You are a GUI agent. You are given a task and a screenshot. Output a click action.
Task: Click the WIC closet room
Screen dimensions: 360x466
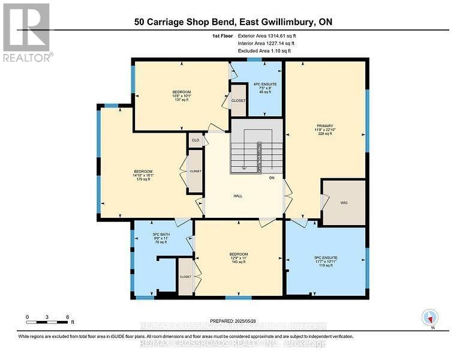(344, 203)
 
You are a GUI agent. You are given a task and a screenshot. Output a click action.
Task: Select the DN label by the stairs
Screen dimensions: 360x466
(271, 178)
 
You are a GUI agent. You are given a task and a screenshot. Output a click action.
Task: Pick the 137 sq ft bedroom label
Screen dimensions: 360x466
(181, 95)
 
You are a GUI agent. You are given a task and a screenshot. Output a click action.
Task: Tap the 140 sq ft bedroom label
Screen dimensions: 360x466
(238, 258)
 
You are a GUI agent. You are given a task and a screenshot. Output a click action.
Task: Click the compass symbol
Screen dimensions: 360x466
(430, 317)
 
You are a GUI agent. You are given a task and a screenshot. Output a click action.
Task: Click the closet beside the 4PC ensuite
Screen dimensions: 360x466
(239, 100)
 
